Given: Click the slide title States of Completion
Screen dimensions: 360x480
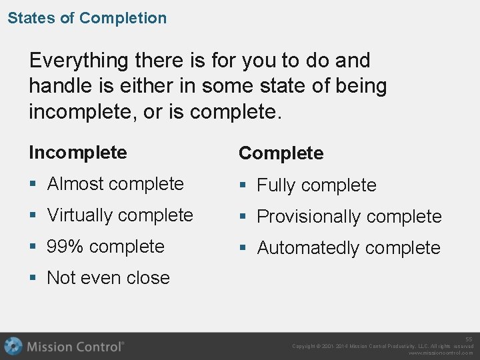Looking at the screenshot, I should pos(87,18).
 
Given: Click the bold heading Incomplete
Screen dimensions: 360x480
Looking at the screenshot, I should pos(77,152).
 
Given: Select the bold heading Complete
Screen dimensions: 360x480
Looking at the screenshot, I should pos(281,153).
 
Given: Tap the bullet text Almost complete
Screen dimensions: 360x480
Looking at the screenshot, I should pos(115,184).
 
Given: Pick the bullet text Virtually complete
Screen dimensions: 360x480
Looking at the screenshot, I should pos(120,215).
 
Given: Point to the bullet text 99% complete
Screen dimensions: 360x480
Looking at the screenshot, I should pos(105,247).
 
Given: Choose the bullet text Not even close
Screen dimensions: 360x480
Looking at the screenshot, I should pos(108,278).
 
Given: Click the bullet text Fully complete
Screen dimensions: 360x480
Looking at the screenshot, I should pos(317,185).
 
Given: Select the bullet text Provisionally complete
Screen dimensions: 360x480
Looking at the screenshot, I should pos(349,217).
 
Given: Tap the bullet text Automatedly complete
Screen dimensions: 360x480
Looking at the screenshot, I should pos(348,248).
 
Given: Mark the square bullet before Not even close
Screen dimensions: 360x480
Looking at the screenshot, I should pos(33,279).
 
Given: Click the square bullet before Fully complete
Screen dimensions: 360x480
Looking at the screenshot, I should pos(243,186).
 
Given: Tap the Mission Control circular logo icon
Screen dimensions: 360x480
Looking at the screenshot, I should pos(13,346).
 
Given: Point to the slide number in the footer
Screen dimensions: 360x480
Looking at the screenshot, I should pos(469,339).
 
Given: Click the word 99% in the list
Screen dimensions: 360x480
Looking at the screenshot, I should pos(65,247).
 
